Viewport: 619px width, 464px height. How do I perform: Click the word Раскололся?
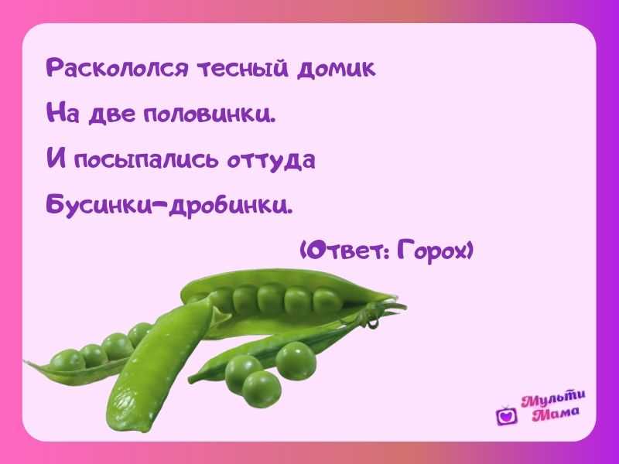point(118,68)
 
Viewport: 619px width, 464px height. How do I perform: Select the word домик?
point(336,69)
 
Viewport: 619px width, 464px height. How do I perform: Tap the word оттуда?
point(271,160)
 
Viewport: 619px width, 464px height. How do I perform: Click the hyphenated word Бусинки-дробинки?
point(169,205)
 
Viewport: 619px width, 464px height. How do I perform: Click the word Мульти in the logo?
point(553,399)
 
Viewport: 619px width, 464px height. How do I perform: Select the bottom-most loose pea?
point(262,390)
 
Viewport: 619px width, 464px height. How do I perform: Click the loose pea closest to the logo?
point(296,360)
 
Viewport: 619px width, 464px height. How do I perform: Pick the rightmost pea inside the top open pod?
point(327,302)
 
